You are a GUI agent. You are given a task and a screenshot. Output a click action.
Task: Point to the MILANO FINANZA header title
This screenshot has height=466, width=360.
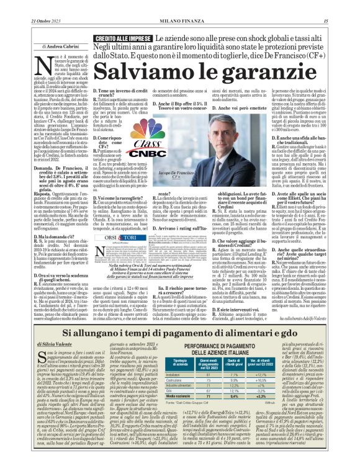tap(179, 6)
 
